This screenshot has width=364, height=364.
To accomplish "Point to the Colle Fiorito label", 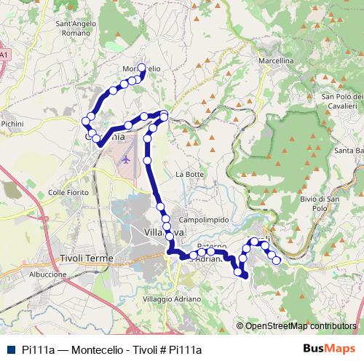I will (x=68, y=192).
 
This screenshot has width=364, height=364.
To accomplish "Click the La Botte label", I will (x=189, y=175).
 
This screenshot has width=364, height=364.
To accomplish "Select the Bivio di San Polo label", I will (x=320, y=203).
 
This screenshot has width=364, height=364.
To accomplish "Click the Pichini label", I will (x=12, y=124).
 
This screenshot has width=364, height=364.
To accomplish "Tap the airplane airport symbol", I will (x=126, y=157).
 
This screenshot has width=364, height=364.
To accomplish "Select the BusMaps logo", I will (x=330, y=349).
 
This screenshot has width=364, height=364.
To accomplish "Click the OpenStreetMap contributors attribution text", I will (x=300, y=326).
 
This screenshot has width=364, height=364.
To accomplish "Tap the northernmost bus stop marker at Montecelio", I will (x=141, y=65).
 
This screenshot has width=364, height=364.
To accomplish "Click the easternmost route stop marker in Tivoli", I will (x=277, y=260).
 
